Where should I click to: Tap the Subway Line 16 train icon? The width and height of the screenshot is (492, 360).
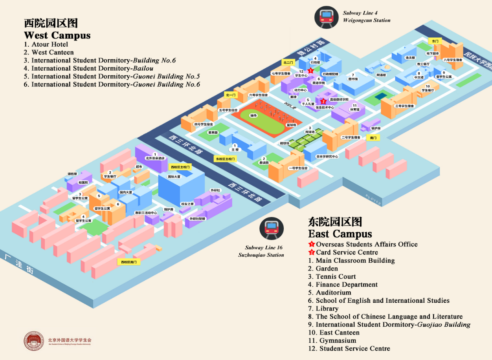(x=271, y=228)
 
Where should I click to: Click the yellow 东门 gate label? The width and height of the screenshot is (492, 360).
(x=435, y=41)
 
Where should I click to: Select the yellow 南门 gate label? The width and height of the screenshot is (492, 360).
(x=373, y=138)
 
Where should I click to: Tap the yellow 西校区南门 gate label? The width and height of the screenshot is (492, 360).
(x=129, y=262)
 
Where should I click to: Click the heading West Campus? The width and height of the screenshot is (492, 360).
(x=57, y=35)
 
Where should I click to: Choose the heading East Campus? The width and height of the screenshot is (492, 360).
(x=340, y=234)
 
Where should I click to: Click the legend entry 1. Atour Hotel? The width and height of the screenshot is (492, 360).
(x=46, y=44)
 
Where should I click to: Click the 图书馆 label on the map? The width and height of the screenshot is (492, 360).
(x=353, y=79)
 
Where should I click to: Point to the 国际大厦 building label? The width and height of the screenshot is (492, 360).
(x=174, y=177)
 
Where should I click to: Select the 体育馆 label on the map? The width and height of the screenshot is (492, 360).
(x=354, y=110)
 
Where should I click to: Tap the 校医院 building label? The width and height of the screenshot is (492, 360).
(x=83, y=183)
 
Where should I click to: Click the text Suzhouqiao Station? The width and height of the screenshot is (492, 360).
(x=261, y=255)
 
